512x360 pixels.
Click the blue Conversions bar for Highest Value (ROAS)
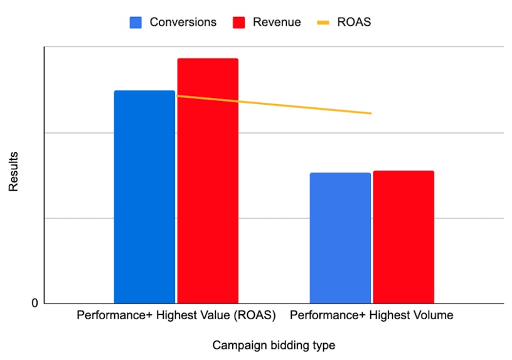[x=144, y=197]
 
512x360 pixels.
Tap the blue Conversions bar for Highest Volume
[x=340, y=238]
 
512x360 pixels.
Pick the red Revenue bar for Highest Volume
[x=403, y=237]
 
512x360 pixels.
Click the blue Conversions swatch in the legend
[x=136, y=23]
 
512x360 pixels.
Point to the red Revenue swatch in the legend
[x=239, y=23]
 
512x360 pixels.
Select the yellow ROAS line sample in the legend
[x=324, y=23]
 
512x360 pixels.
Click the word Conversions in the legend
[x=183, y=23]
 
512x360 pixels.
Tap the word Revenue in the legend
[x=277, y=23]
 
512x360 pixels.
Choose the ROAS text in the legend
[x=354, y=23]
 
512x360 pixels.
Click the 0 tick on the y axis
[x=35, y=304]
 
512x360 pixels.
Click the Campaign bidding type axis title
[x=274, y=346]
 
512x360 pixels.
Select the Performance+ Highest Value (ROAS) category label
[x=176, y=315]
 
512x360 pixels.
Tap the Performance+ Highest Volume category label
[x=371, y=315]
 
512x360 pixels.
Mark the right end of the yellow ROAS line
[x=371, y=114]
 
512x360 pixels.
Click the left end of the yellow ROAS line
[x=178, y=95]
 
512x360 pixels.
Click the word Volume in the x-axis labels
[x=434, y=315]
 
